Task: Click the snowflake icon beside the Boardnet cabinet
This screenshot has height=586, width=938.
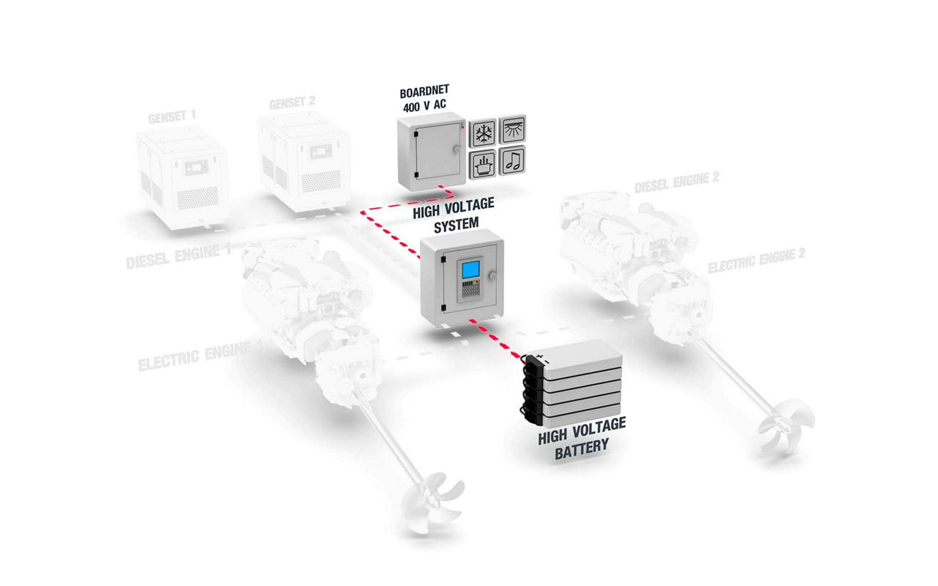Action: pos(483,133)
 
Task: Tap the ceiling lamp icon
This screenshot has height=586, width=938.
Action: pos(512,128)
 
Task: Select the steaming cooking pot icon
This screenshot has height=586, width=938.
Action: pos(483,164)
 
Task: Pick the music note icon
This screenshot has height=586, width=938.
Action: pos(512,160)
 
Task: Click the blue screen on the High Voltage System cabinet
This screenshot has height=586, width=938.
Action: pos(470,270)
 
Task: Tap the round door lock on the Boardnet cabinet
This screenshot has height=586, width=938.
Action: pos(456,149)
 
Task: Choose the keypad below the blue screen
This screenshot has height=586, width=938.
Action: pos(470,289)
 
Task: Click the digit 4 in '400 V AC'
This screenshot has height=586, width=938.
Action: pos(407,108)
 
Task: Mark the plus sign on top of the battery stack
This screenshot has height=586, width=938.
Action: pos(539,357)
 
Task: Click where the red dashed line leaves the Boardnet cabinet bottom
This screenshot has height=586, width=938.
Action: pos(439,185)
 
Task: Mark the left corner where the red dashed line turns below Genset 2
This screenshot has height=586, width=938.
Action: pos(362,213)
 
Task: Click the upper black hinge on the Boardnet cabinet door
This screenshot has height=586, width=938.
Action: pos(416,134)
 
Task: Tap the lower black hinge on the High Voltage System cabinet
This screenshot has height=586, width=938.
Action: pos(443,308)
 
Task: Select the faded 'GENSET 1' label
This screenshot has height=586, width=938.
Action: pos(171,116)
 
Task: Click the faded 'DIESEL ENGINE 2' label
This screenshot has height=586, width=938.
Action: pos(676,182)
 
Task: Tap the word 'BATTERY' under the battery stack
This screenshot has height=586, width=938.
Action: pos(582,450)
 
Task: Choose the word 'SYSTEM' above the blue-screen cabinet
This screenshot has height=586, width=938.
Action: pos(456,225)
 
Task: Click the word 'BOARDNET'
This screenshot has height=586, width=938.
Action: pos(424,92)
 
